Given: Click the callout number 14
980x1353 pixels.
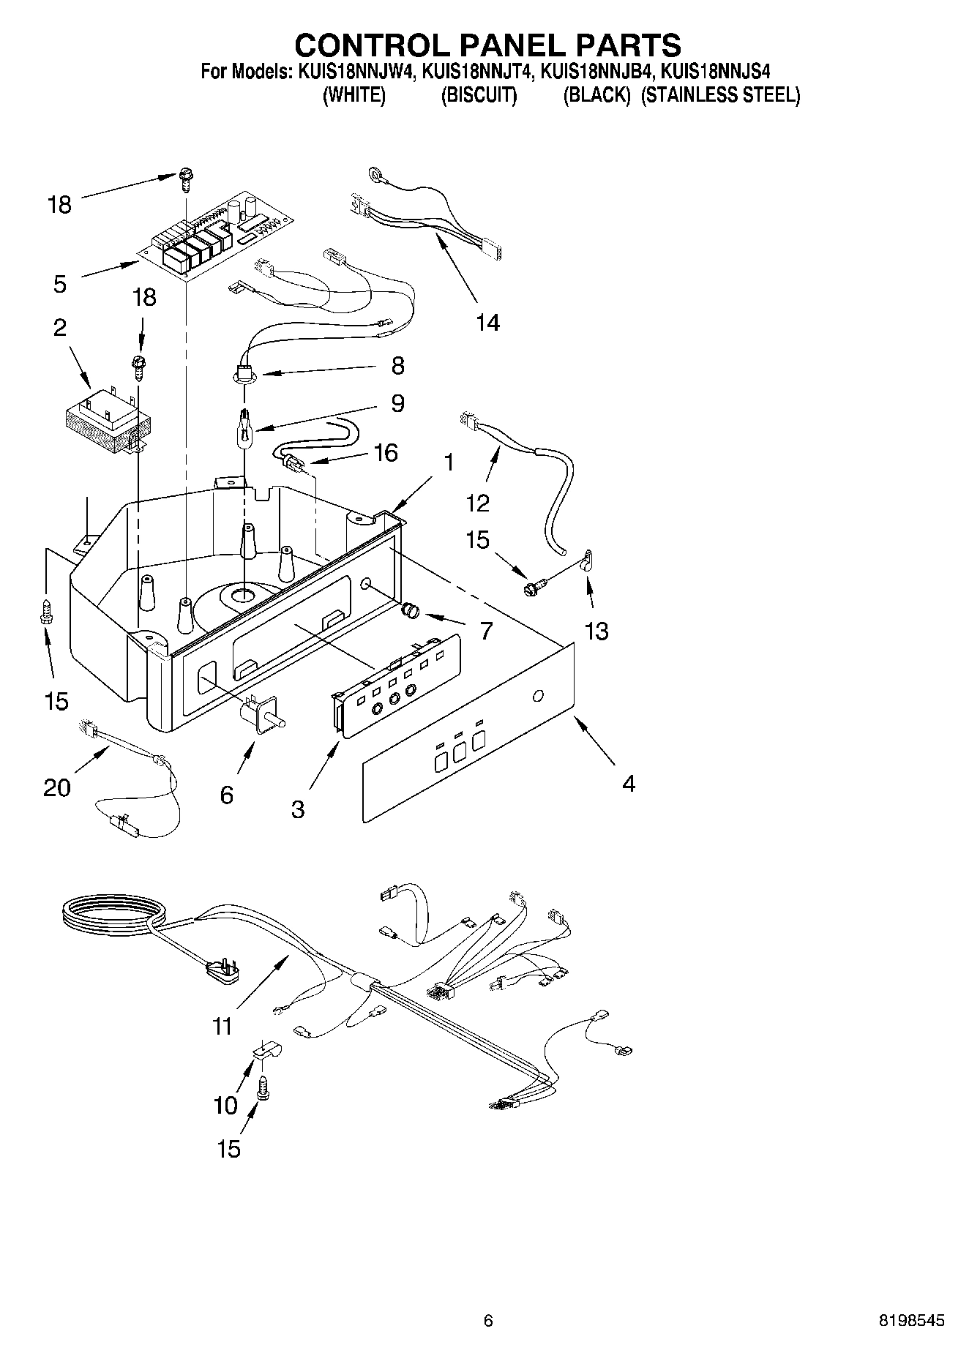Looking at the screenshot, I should [487, 322].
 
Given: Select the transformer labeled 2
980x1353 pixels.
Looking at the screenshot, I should [106, 420].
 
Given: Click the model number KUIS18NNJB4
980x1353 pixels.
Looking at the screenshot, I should [597, 72].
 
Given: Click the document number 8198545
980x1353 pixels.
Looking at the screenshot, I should [910, 1321].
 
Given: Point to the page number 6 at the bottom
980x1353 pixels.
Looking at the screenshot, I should [488, 1321].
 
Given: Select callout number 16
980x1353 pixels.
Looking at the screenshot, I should [386, 453].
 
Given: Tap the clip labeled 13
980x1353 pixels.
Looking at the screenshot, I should [587, 560].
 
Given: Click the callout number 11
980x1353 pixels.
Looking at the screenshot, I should [222, 1026].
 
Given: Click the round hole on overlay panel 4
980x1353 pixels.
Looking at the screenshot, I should [538, 695].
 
